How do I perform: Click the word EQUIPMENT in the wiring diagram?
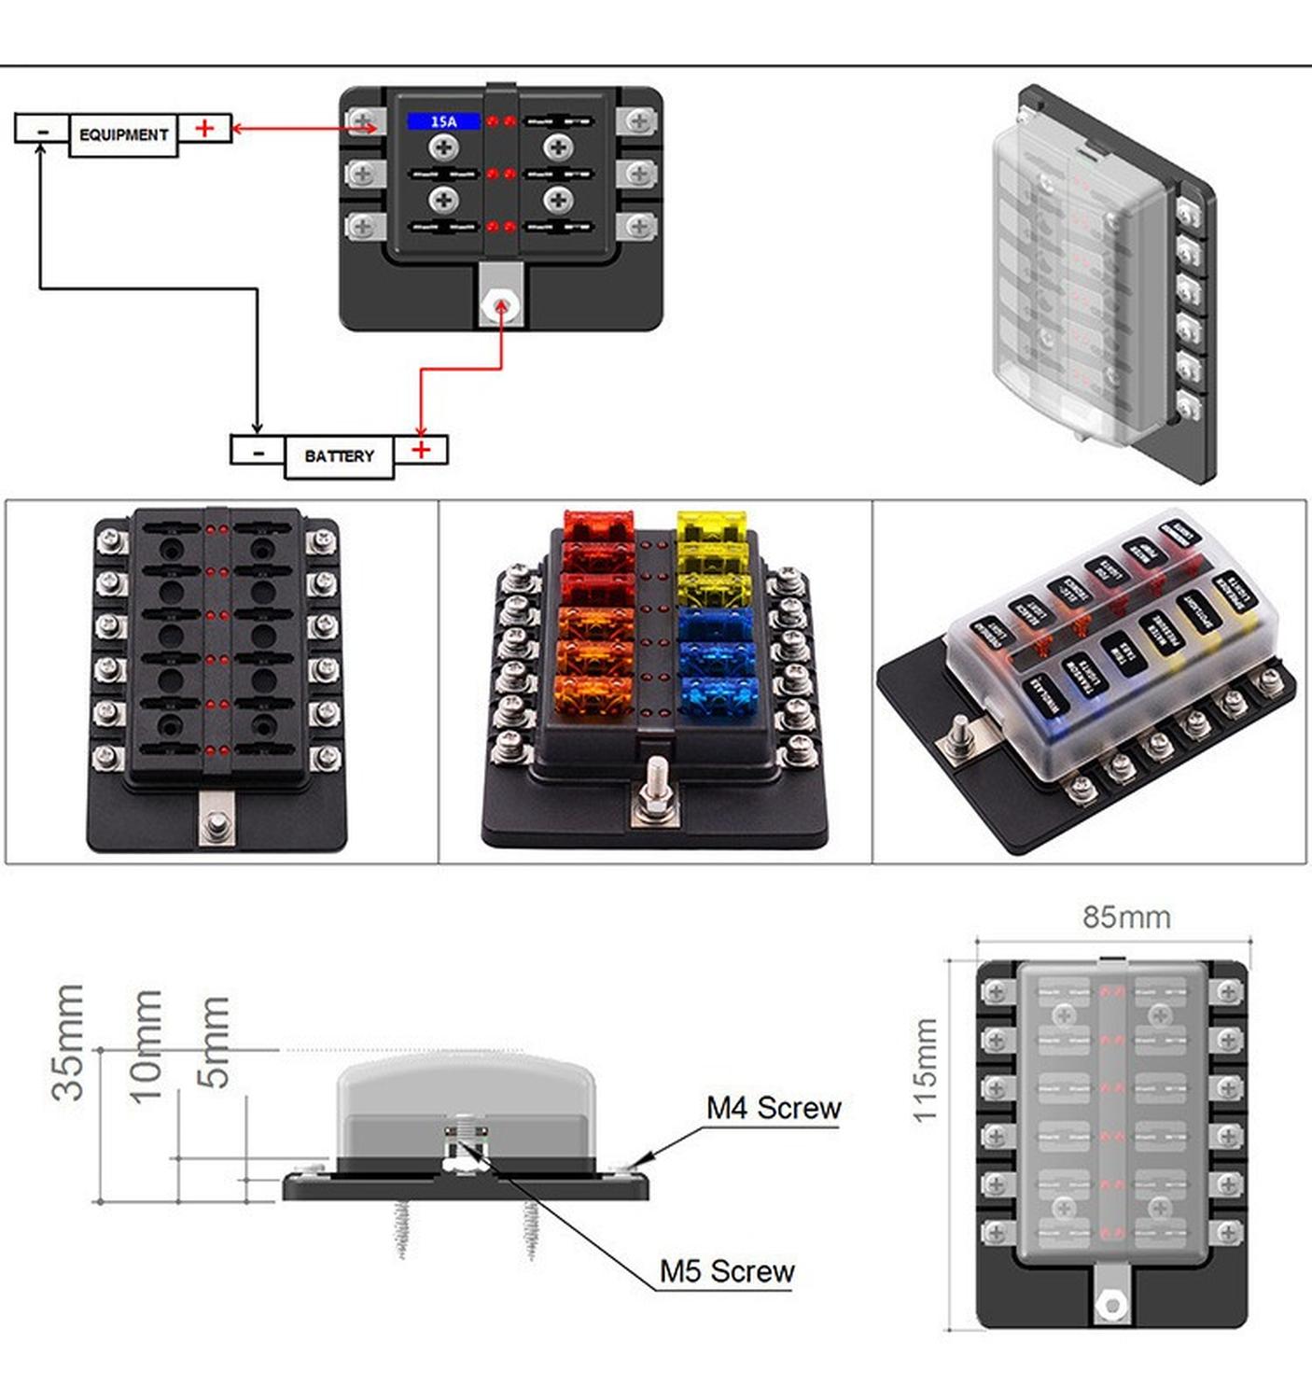123,135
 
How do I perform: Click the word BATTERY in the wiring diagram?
339,456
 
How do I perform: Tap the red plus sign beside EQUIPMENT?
205,128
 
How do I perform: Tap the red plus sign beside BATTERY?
422,450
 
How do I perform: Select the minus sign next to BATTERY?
258,453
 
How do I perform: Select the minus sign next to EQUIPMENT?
42,132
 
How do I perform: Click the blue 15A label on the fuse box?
443,121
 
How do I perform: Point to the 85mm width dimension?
1126,917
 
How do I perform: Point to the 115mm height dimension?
924,1071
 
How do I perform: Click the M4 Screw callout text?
774,1108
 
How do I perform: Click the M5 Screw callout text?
726,1271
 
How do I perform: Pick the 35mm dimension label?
69,1043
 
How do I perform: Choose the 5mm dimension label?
214,1042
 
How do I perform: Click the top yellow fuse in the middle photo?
712,526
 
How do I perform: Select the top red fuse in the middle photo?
598,527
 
